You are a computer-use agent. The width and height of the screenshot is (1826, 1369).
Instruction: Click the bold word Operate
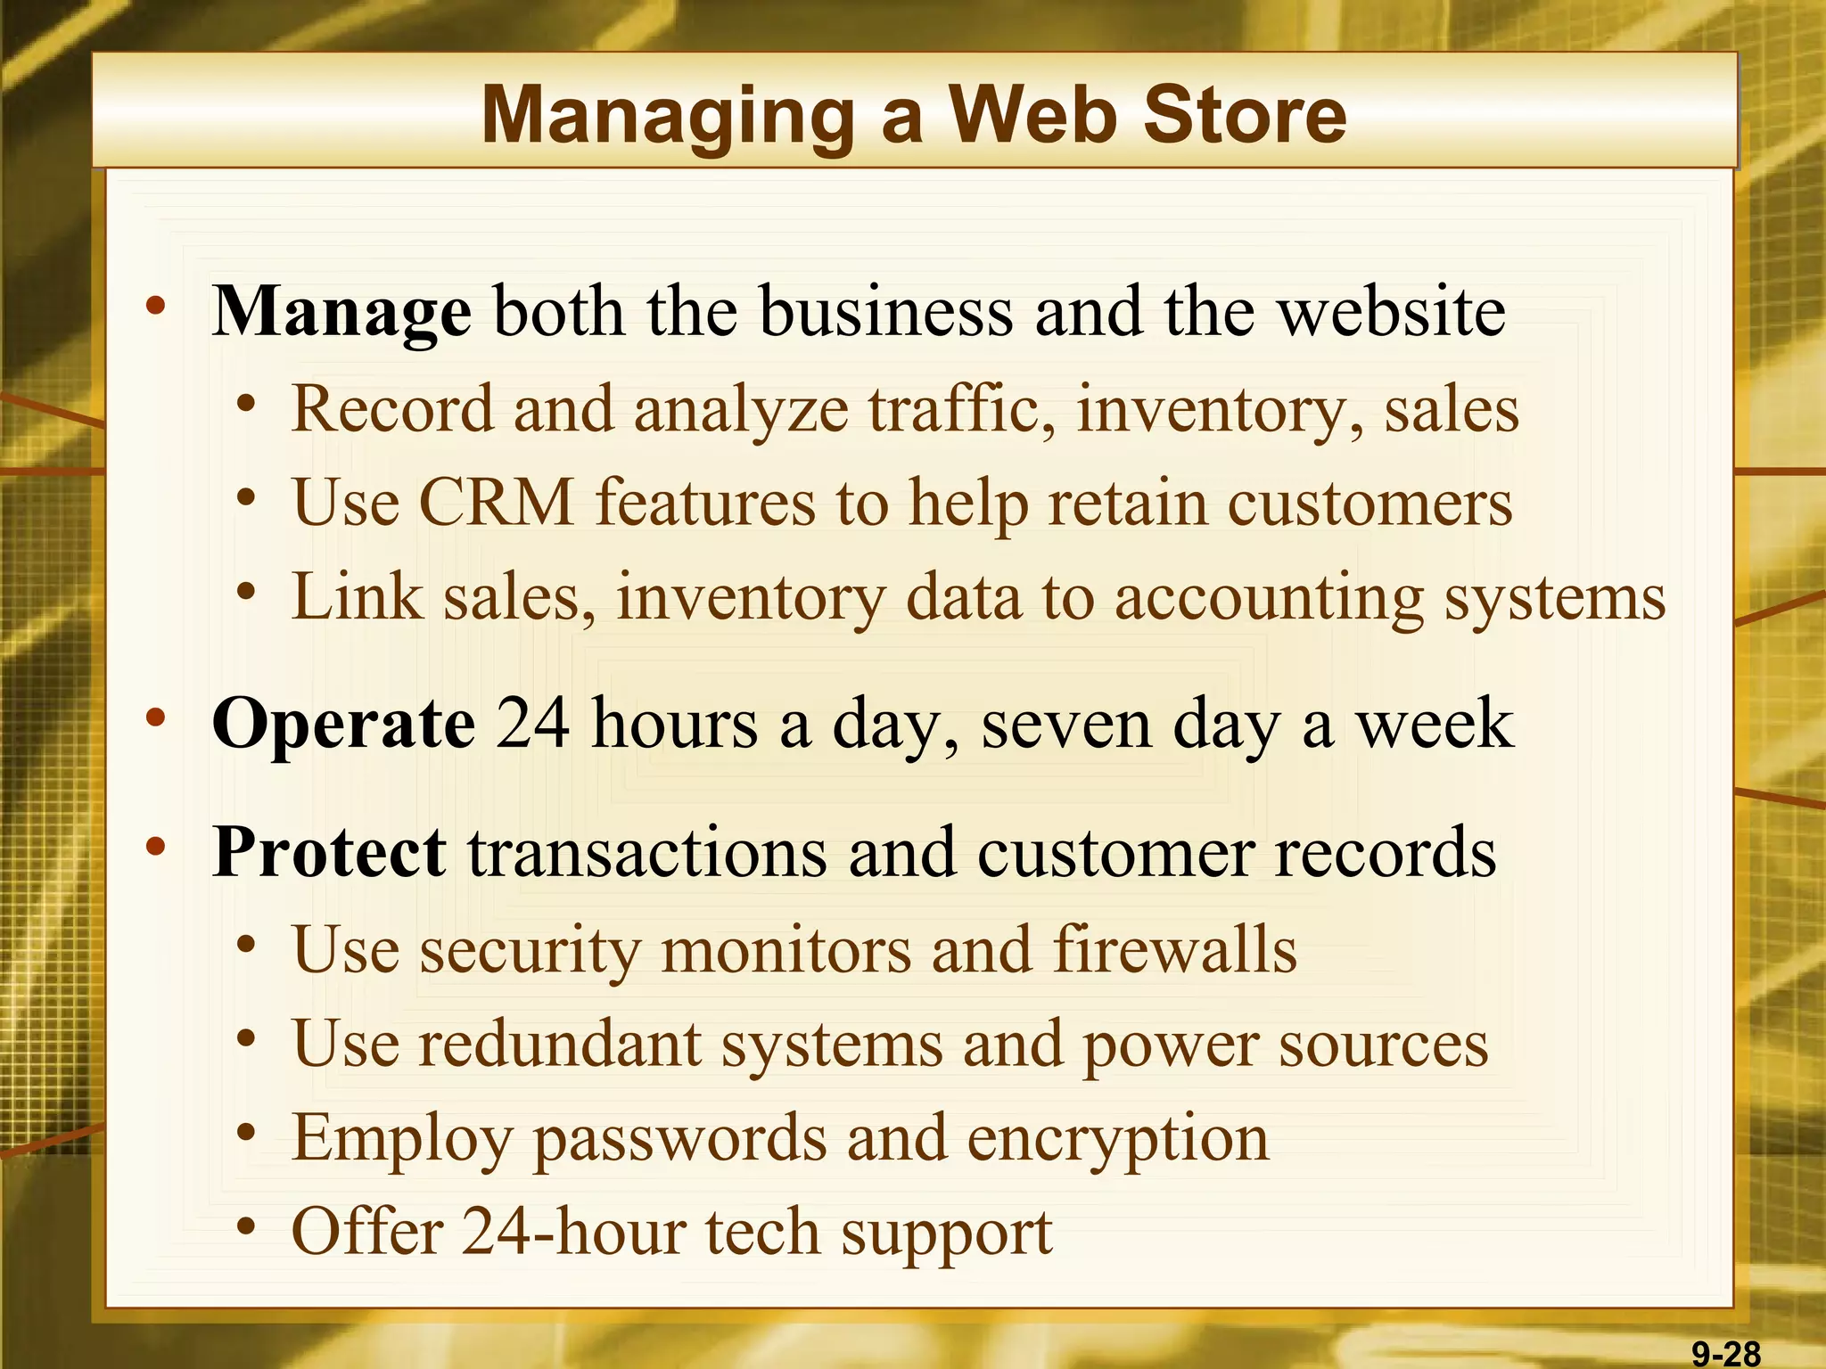pyautogui.click(x=343, y=725)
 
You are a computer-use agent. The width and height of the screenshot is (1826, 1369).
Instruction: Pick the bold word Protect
pyautogui.click(x=329, y=853)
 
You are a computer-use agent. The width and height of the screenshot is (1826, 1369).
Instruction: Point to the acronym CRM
pyautogui.click(x=496, y=503)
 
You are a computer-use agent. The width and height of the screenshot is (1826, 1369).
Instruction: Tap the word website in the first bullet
pyautogui.click(x=1392, y=312)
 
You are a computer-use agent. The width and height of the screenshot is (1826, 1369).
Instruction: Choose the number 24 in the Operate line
pyautogui.click(x=532, y=723)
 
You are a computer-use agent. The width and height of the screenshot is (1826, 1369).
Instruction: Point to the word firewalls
pyautogui.click(x=1174, y=949)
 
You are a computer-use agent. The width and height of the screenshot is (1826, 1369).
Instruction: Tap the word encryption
pyautogui.click(x=1118, y=1140)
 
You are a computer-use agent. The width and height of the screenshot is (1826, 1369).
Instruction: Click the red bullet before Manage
pyautogui.click(x=156, y=307)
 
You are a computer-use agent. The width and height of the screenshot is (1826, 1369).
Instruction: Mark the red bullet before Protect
pyautogui.click(x=156, y=848)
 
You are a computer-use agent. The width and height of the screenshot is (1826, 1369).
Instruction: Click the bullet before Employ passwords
pyautogui.click(x=247, y=1133)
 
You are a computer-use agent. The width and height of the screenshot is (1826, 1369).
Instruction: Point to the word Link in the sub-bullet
pyautogui.click(x=357, y=596)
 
